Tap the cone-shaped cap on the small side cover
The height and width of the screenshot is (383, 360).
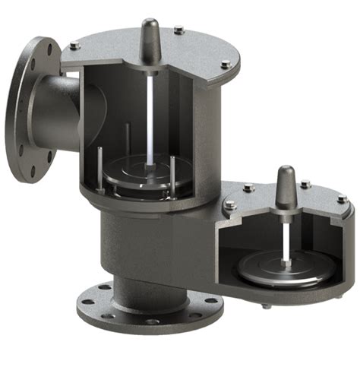[286, 182]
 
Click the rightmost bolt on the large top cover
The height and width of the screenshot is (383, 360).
[226, 65]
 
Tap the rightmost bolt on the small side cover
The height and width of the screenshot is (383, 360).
[342, 199]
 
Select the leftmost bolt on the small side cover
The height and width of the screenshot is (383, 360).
[229, 203]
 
